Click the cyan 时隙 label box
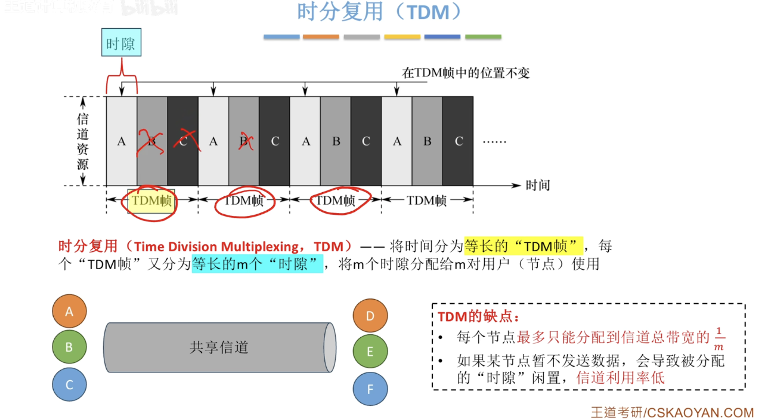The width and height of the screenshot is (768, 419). pyautogui.click(x=122, y=44)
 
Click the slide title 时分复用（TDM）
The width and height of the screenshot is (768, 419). pyautogui.click(x=379, y=13)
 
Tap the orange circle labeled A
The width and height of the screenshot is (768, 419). pyautogui.click(x=69, y=311)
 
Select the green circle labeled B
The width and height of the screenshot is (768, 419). pyautogui.click(x=69, y=347)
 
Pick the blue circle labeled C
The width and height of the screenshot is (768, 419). pyautogui.click(x=69, y=384)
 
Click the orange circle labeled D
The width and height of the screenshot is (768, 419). pyautogui.click(x=370, y=316)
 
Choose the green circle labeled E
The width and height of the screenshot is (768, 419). pyautogui.click(x=370, y=352)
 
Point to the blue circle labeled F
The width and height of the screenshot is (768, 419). pyautogui.click(x=370, y=389)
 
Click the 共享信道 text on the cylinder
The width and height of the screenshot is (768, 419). pyautogui.click(x=219, y=347)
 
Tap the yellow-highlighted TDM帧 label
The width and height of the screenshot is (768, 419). pyautogui.click(x=151, y=201)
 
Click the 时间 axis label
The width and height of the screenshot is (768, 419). pyautogui.click(x=537, y=185)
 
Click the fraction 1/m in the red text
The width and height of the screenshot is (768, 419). pyautogui.click(x=719, y=338)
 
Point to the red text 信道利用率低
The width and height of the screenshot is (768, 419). pyautogui.click(x=620, y=377)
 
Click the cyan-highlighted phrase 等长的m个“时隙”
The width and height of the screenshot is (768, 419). pyautogui.click(x=257, y=264)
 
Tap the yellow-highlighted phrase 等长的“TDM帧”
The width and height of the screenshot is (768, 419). pyautogui.click(x=523, y=246)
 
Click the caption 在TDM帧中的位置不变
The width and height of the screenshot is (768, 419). pyautogui.click(x=466, y=73)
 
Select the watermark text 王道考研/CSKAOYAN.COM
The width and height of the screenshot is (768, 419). pyautogui.click(x=672, y=412)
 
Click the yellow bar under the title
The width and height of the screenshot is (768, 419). pyautogui.click(x=402, y=37)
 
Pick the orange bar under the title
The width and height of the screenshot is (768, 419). pyautogui.click(x=321, y=37)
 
